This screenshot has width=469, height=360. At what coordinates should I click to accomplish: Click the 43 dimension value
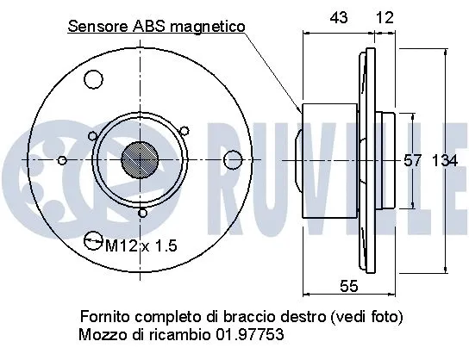[x=341, y=16]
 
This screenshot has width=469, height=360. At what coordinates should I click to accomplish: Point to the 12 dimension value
[x=385, y=16]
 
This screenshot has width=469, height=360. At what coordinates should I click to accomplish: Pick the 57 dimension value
[x=414, y=160]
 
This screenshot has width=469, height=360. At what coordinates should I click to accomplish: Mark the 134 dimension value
[x=443, y=160]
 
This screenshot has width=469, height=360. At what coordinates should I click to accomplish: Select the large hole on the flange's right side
[x=232, y=159]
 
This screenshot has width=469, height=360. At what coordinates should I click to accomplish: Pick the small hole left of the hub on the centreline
[x=61, y=159]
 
